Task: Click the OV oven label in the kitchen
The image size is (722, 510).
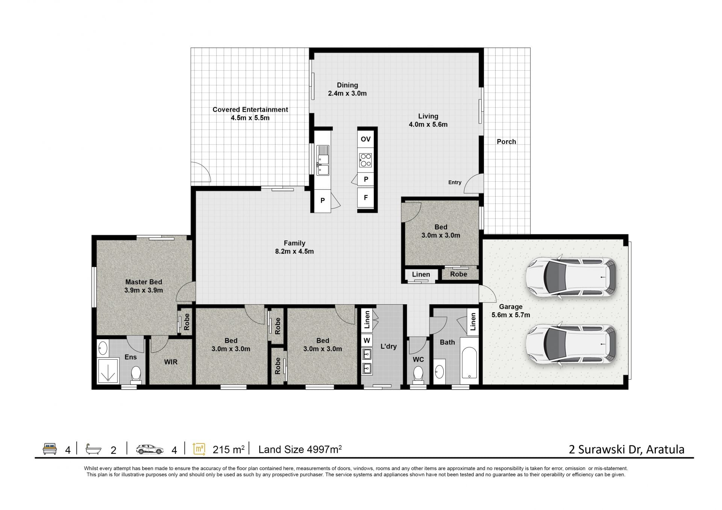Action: click(366, 139)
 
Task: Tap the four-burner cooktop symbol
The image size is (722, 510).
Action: click(366, 160)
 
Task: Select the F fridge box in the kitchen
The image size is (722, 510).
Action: click(366, 198)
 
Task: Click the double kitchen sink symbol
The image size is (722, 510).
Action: click(323, 160)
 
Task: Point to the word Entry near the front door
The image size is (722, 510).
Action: click(455, 182)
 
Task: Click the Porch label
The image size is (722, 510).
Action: click(506, 142)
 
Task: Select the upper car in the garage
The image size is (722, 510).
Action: click(571, 277)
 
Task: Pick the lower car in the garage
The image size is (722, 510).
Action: click(571, 344)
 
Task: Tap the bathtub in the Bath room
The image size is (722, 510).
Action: click(469, 363)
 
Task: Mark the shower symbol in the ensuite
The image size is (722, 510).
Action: click(108, 371)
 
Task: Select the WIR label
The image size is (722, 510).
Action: click(171, 362)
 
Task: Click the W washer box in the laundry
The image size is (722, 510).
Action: click(367, 341)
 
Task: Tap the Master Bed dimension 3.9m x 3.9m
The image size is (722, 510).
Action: click(144, 290)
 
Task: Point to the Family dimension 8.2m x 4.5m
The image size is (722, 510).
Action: click(294, 252)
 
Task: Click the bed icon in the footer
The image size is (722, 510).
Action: click(50, 449)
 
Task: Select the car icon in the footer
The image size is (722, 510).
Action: click(150, 449)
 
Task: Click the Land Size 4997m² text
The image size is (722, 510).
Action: click(300, 449)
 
